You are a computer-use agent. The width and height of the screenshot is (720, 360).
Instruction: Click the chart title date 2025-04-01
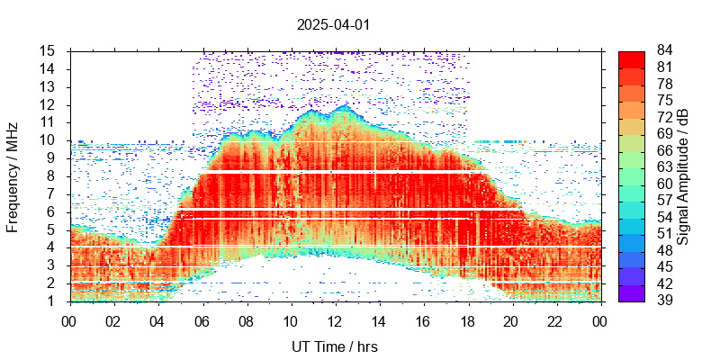point(333,24)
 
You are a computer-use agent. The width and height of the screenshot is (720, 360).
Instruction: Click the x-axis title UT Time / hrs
point(333,346)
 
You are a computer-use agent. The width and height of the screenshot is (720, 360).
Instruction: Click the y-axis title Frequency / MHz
point(13,176)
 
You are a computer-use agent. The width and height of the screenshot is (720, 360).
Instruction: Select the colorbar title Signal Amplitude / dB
point(684,176)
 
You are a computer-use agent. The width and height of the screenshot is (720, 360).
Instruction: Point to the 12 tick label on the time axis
point(335,319)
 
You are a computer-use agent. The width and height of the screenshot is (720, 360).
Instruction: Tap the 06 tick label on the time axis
point(202,319)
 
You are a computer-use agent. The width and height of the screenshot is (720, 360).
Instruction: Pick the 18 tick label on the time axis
point(467,319)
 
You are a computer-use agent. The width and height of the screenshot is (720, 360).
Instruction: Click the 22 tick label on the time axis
point(555,319)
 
